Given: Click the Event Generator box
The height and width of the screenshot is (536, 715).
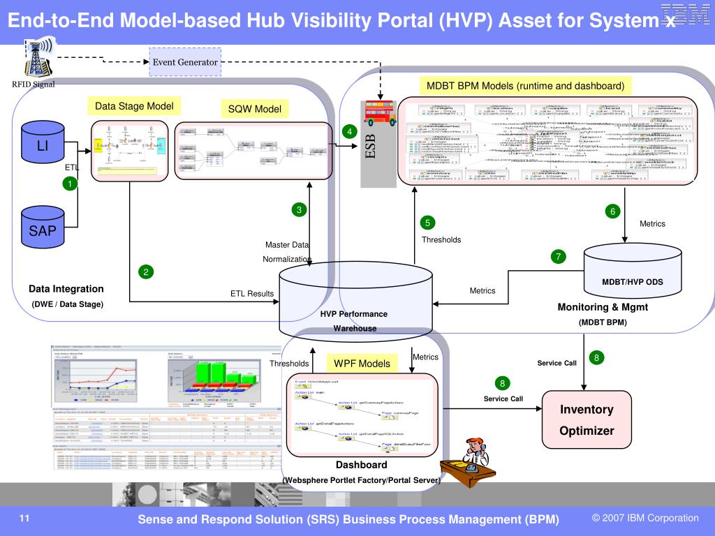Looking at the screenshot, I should click(x=185, y=62).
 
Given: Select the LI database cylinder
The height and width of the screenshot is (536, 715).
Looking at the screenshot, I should click(x=43, y=146).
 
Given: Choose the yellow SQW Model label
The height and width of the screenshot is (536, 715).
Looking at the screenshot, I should click(x=254, y=109).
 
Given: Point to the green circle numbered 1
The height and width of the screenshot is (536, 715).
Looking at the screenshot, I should click(x=70, y=183).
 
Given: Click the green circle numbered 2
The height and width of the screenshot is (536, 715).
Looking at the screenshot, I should click(x=146, y=272).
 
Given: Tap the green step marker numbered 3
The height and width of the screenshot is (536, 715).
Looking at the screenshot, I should click(x=299, y=210).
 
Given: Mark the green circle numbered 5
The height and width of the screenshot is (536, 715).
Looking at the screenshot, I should click(x=427, y=223).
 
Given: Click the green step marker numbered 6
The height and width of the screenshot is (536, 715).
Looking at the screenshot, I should click(x=612, y=211).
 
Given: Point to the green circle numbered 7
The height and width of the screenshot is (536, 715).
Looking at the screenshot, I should click(x=558, y=256).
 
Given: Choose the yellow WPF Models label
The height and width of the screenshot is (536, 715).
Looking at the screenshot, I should click(x=362, y=364).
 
